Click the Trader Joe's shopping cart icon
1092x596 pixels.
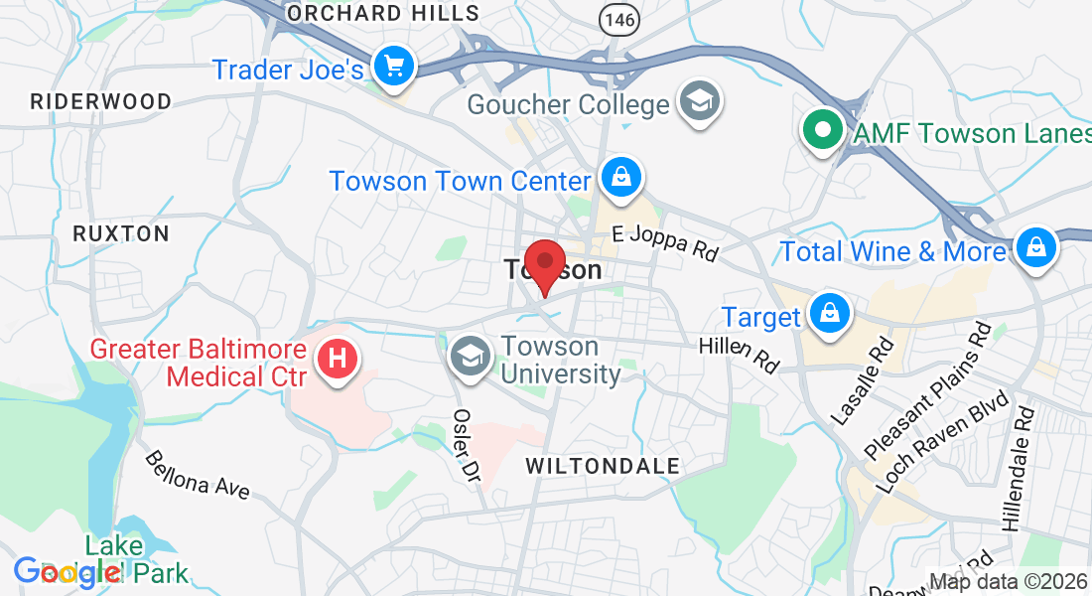coord(394,67)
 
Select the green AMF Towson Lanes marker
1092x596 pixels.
coord(822,129)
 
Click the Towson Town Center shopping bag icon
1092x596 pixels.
coord(621,179)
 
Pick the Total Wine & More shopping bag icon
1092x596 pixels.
coord(1035,246)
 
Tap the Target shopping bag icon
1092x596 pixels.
coord(827,314)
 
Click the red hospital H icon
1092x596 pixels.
coord(338,358)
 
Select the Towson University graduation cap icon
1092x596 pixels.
coord(470,356)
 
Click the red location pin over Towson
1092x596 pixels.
coord(544,264)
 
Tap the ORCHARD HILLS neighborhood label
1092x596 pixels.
coord(383,14)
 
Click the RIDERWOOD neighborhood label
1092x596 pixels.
coord(100,101)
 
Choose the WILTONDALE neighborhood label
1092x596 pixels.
coord(603,466)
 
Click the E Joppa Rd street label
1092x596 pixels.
coord(664,244)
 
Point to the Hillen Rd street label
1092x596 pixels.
coord(739,353)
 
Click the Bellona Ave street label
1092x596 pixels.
coord(197,474)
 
